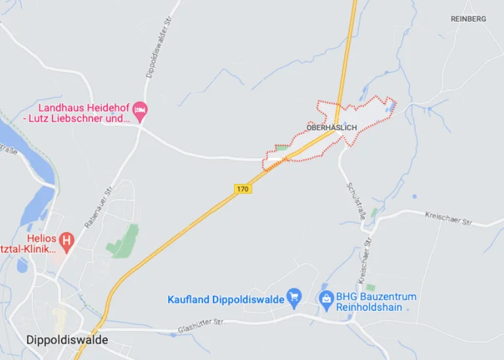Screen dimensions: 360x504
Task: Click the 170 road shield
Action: click(x=243, y=189)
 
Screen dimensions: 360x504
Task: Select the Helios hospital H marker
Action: click(x=66, y=241)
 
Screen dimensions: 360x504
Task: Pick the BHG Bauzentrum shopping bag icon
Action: click(x=325, y=299)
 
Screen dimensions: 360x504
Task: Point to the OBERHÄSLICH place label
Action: click(x=331, y=127)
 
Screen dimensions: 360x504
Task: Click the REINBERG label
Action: click(x=469, y=19)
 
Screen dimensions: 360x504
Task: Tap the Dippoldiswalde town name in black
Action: click(x=67, y=340)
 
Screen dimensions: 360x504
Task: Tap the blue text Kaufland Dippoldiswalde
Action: click(x=226, y=300)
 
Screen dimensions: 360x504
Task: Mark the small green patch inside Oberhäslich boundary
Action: click(x=283, y=148)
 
